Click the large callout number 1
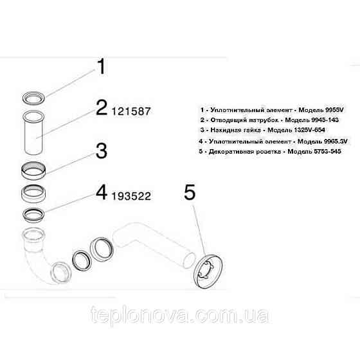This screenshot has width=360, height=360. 100,66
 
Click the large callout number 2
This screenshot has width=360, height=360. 102,108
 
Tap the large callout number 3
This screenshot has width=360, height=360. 102,152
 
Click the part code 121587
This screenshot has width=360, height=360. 132,111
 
